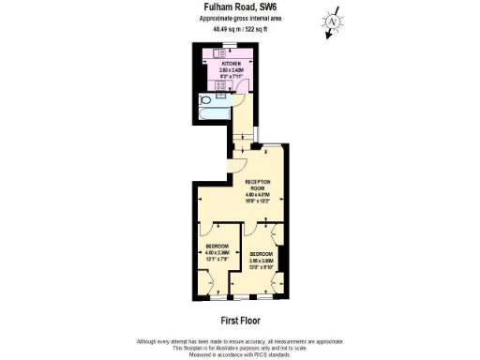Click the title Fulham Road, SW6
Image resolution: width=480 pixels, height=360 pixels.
coord(239,7)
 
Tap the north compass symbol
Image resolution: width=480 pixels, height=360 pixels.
coord(332,22)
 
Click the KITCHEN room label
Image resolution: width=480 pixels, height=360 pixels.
coord(232,63)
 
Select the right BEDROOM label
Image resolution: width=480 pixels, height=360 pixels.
coord(261,254)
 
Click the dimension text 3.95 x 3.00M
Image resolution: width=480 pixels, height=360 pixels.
coord(261,260)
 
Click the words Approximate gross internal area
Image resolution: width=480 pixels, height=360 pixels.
coord(239,19)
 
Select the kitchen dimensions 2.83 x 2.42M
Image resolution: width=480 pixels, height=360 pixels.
coord(232,69)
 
